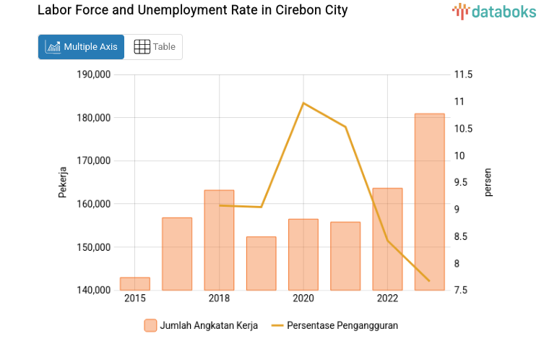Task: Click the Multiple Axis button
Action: [81, 47]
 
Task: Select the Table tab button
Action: [154, 47]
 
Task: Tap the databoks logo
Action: [494, 11]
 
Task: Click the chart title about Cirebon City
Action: [192, 11]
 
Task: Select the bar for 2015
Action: [135, 284]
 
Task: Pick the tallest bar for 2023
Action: [429, 202]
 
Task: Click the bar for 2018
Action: [219, 240]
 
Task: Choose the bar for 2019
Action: [261, 263]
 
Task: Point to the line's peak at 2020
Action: [303, 103]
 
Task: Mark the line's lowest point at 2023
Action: [429, 280]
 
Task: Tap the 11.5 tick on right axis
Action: [463, 74]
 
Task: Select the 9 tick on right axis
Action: [457, 210]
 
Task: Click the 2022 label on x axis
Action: [387, 299]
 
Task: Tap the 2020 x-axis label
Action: [303, 299]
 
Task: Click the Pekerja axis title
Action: [63, 182]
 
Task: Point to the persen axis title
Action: [488, 182]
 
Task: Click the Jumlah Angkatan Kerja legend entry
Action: [201, 325]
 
